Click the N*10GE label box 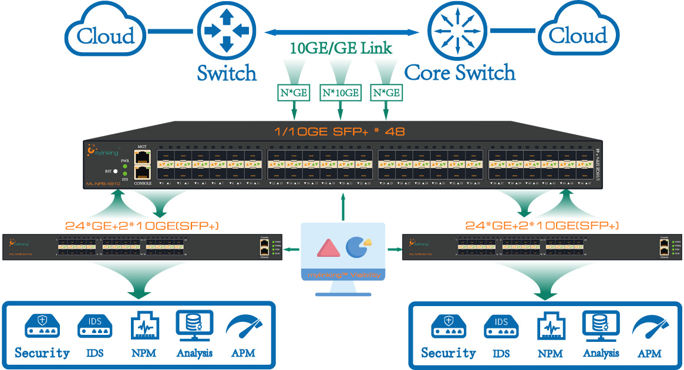[x=340, y=92]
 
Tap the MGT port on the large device [x=142, y=157]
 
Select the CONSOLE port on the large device [x=143, y=172]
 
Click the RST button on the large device [x=116, y=171]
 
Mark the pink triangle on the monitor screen [x=329, y=248]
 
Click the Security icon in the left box [x=42, y=325]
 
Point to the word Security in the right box [x=448, y=353]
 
